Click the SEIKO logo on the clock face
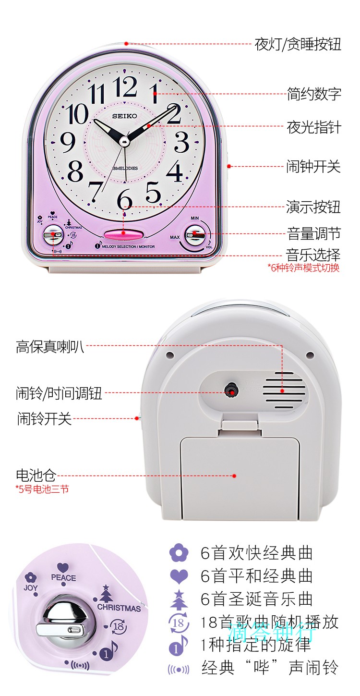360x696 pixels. (125, 116)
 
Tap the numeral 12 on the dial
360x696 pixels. (126, 87)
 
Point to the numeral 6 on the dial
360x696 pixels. (125, 198)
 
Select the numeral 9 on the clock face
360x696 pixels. (68, 142)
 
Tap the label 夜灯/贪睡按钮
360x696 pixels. (298, 45)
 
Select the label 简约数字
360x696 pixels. (314, 93)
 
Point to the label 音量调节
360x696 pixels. (314, 234)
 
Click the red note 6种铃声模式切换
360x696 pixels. (303, 268)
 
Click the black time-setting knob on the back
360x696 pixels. (232, 390)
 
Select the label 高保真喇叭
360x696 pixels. (50, 346)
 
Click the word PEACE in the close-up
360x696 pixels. (63, 578)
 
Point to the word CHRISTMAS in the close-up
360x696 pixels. (119, 608)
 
